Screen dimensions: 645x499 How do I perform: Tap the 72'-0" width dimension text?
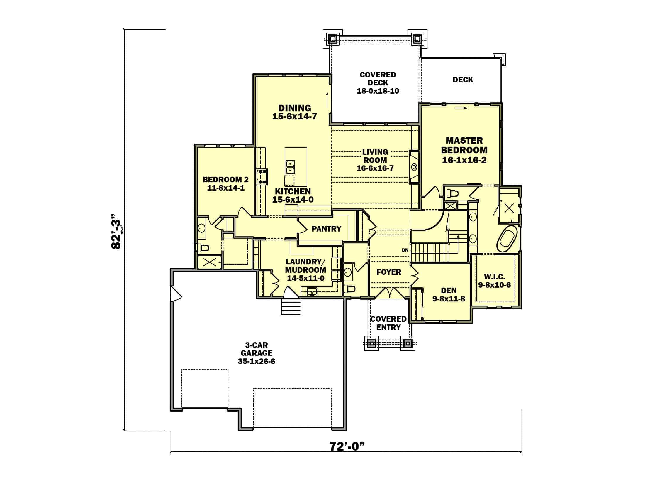coord(347,446)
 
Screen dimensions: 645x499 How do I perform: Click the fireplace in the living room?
coord(414,167)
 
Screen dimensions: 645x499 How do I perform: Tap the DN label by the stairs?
coord(405,250)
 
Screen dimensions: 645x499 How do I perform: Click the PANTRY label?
coord(326,229)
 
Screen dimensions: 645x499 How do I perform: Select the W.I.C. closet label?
coord(494,277)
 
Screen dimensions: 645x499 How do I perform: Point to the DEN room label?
coord(449,291)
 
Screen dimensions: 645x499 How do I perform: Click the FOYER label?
coord(389,272)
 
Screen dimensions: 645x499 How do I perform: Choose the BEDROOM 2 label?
coord(226,179)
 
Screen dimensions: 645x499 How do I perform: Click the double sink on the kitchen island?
coord(290,167)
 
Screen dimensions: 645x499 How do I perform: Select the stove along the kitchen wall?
coord(262,176)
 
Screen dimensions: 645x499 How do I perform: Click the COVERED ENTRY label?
coord(388,323)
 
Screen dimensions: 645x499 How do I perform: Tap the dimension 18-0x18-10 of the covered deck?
coord(378,91)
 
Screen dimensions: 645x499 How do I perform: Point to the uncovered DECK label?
coord(462,80)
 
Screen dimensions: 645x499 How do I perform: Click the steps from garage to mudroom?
coord(291,306)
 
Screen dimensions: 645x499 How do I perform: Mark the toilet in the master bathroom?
coord(452,194)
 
